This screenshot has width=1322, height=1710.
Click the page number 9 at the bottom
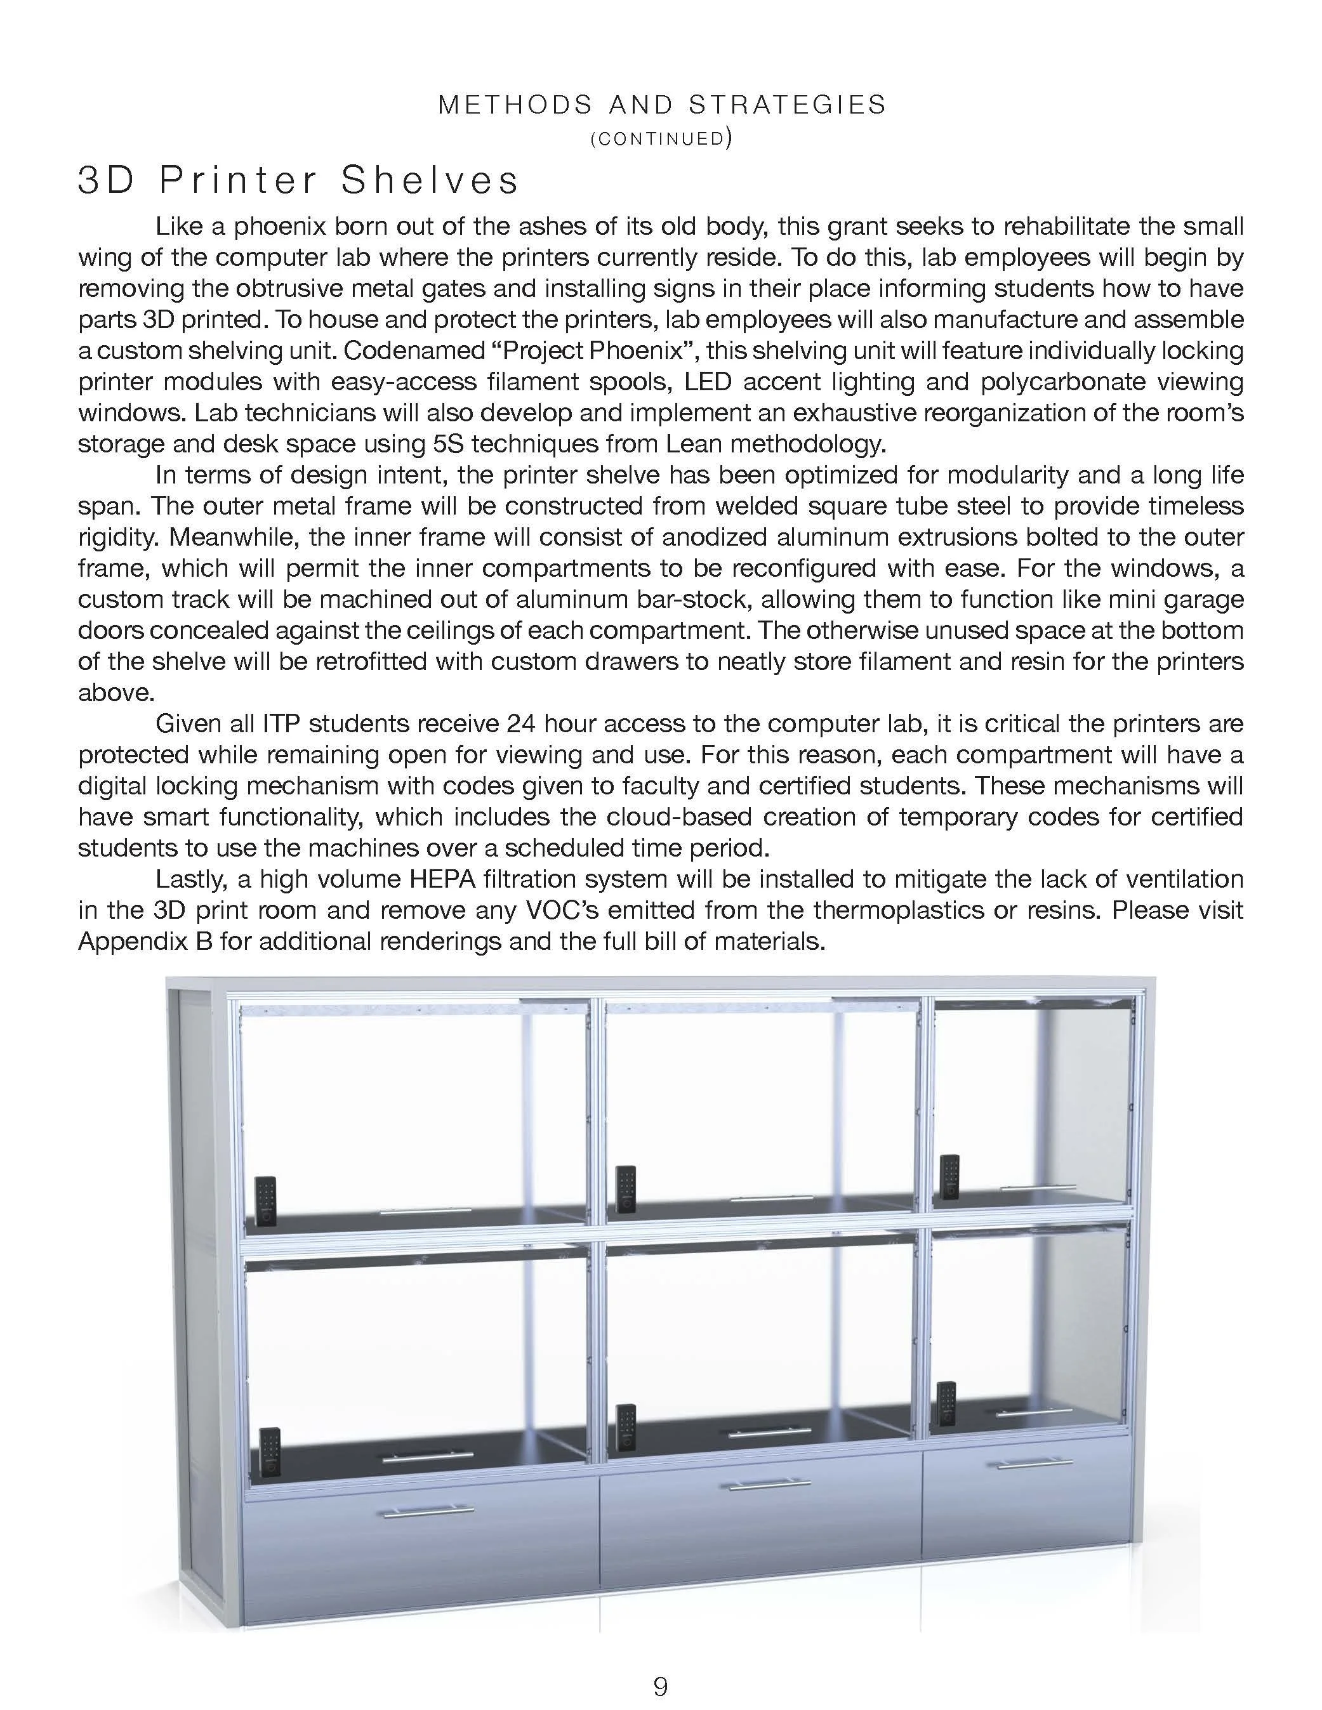coord(660,1680)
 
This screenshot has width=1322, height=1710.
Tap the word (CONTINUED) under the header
coord(660,138)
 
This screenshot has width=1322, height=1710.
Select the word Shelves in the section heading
coord(430,180)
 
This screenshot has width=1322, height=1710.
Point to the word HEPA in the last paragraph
coord(437,879)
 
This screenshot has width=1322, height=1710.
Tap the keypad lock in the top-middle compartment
coord(625,1188)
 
